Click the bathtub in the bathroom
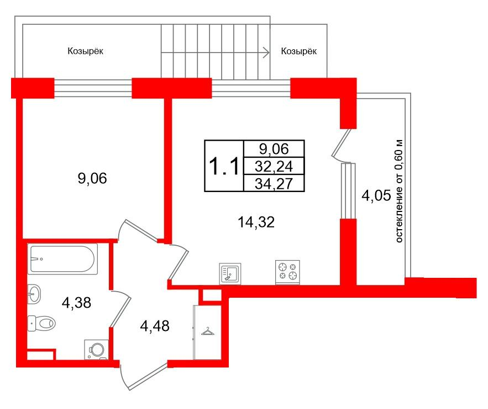(x=63, y=258)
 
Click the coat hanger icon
(x=207, y=331)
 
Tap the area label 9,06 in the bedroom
(x=92, y=178)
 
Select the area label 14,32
(x=255, y=222)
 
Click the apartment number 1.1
(x=223, y=165)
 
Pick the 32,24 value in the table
(x=274, y=165)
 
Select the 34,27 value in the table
(x=274, y=182)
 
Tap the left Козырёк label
(x=86, y=51)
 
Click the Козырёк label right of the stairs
(x=299, y=51)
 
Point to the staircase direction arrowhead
(x=266, y=53)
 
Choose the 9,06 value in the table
(x=274, y=148)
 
